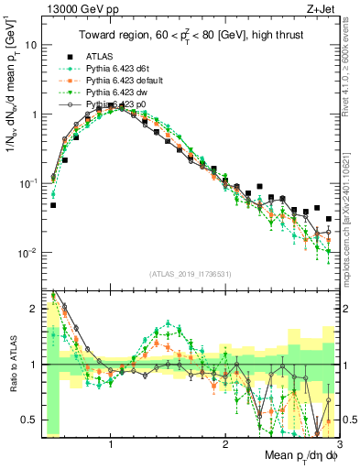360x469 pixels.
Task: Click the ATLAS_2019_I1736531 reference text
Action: point(189,274)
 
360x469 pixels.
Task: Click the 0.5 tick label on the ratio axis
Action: point(28,420)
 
